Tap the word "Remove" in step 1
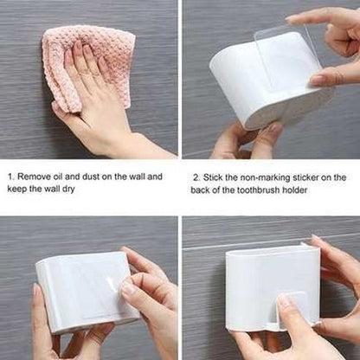tap(34, 177)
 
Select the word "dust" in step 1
tap(91, 177)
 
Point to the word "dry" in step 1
tap(68, 190)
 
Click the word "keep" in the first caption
tap(17, 190)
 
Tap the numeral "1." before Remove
tap(11, 177)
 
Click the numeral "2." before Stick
tap(196, 177)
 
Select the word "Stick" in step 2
tap(213, 177)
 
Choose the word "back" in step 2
tap(200, 190)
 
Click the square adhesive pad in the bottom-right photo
tap(291, 309)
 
